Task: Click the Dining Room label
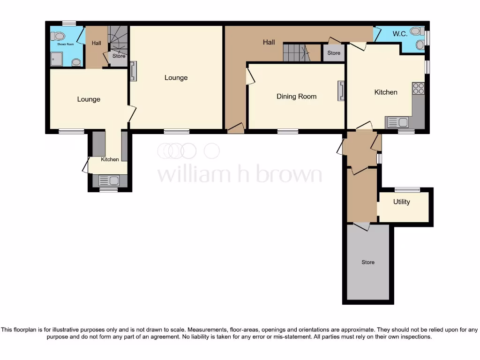click(x=296, y=97)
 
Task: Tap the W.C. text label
click(x=400, y=33)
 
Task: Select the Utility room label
click(x=401, y=202)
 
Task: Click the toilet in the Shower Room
click(x=59, y=36)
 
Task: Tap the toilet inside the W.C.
click(x=415, y=31)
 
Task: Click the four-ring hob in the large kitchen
click(x=418, y=89)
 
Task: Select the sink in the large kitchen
click(x=397, y=123)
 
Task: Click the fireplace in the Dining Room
click(x=340, y=91)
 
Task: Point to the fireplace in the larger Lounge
click(x=133, y=71)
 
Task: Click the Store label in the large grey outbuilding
click(x=368, y=262)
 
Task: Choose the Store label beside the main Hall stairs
click(x=334, y=53)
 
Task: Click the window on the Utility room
click(x=407, y=190)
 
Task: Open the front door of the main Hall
click(x=235, y=128)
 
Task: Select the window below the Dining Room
click(x=287, y=132)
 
